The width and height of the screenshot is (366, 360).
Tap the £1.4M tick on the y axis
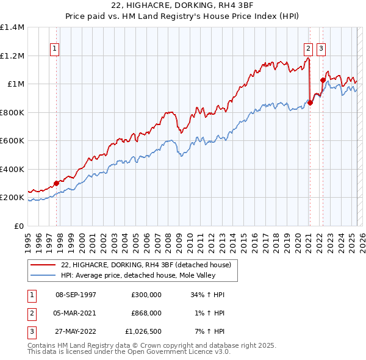pos(12,27)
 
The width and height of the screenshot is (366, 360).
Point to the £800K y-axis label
pos(12,112)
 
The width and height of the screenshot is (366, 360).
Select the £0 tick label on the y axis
pos(20,226)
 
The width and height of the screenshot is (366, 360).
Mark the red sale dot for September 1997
pos(56,183)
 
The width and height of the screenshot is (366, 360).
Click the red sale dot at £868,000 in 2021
pos(310,103)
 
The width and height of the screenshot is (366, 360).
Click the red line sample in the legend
pos(43,265)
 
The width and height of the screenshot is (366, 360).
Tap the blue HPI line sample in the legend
pos(43,275)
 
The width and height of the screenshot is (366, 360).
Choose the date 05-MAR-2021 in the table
pos(76,312)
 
